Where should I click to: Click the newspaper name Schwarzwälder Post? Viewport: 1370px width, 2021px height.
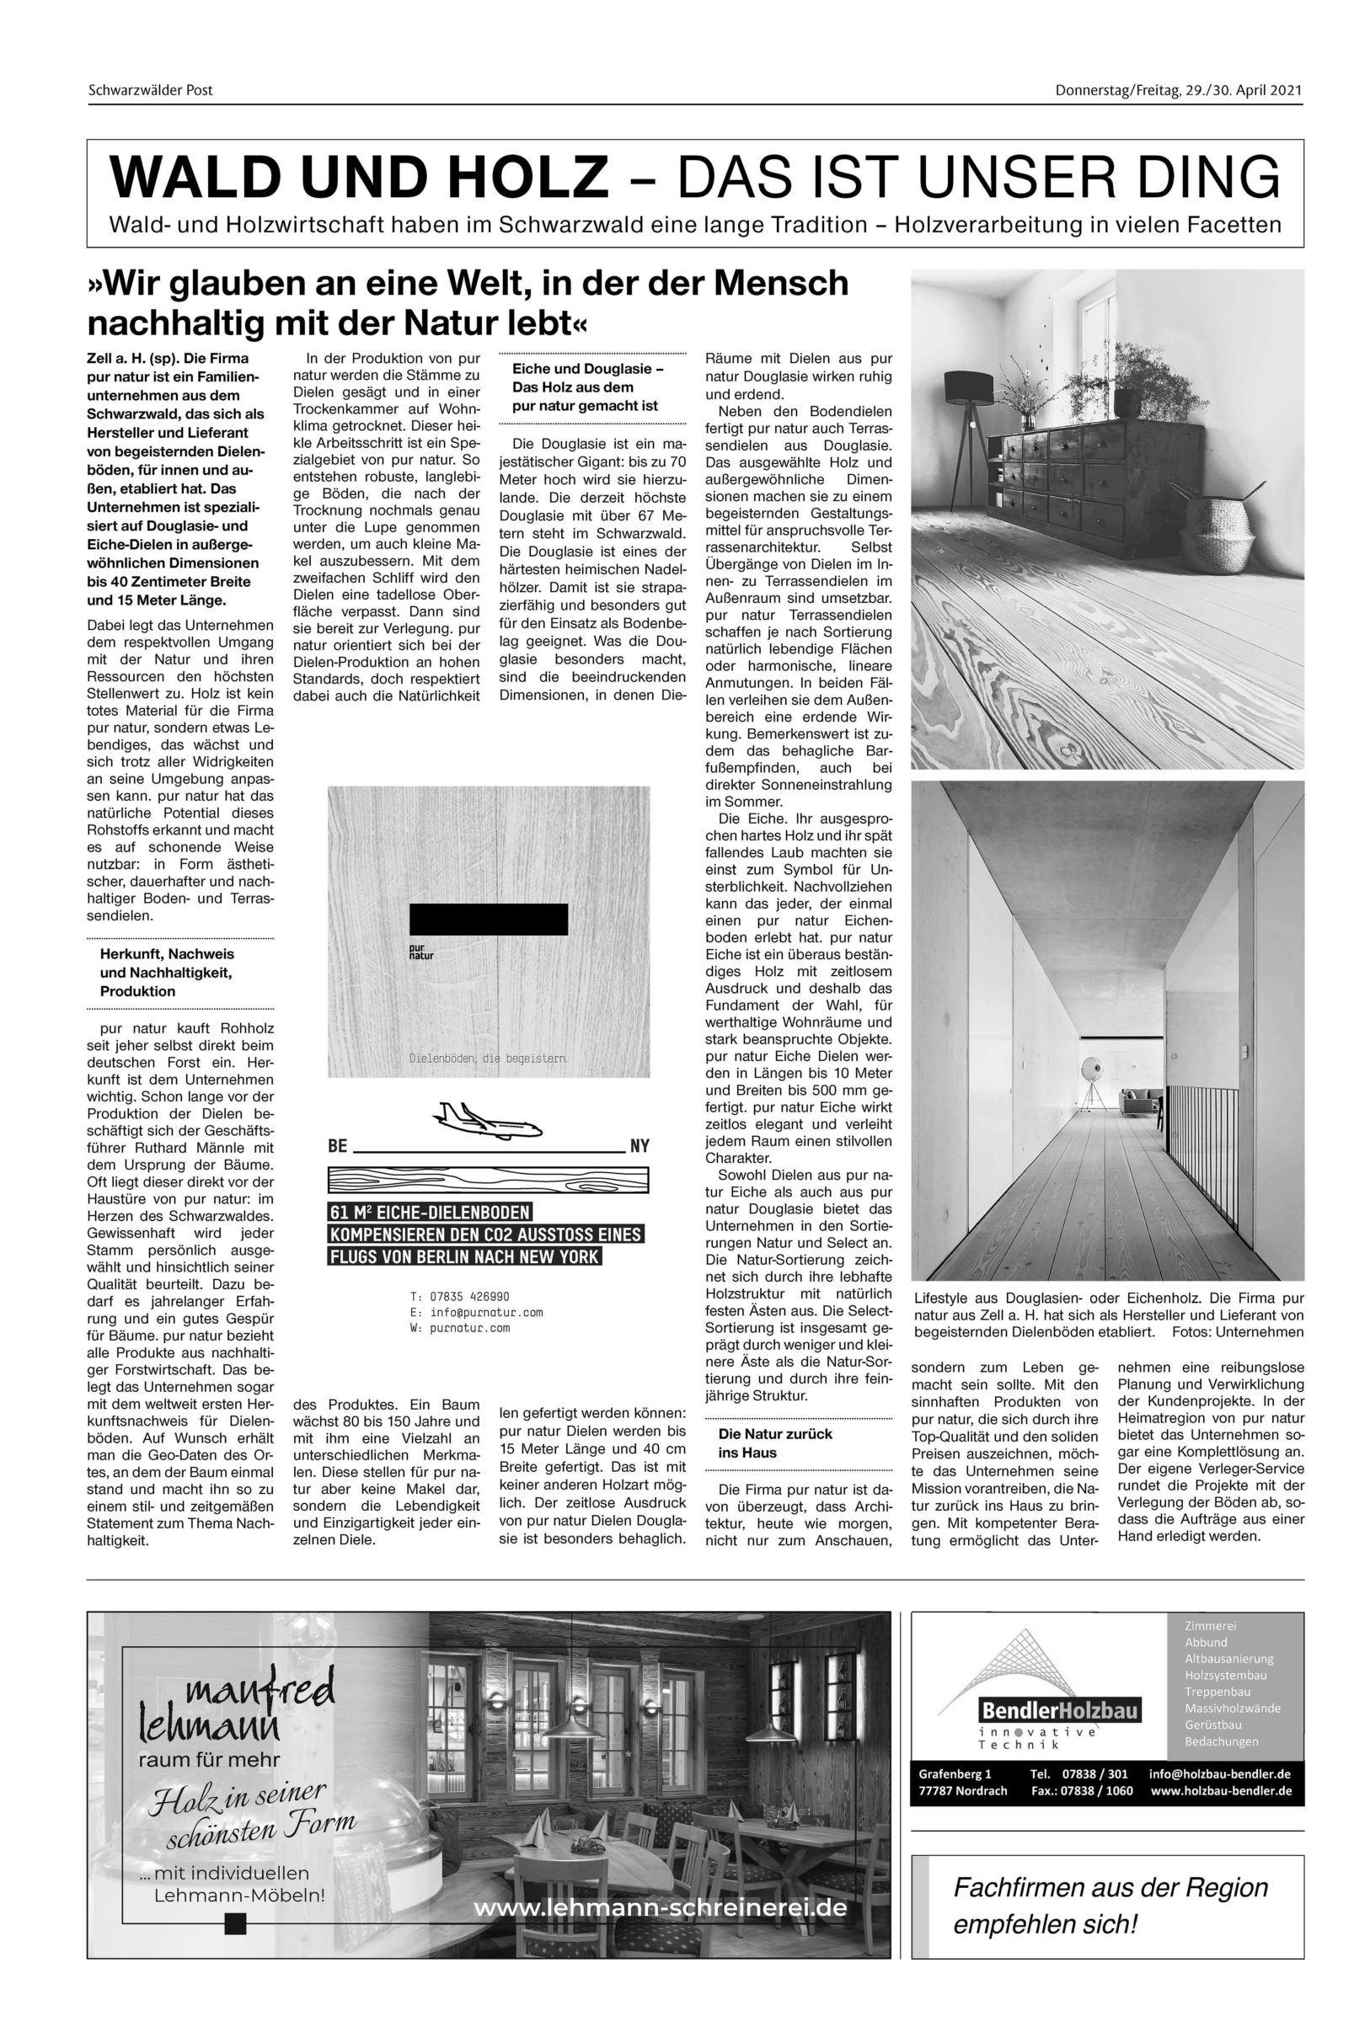coord(150,90)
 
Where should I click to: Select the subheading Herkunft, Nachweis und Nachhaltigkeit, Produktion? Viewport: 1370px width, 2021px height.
coord(166,973)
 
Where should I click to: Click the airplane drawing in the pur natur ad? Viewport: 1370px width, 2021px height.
coord(486,1119)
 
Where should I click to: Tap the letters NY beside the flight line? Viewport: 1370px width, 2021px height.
coord(639,1146)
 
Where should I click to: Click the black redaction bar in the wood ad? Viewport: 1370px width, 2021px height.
coord(488,919)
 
